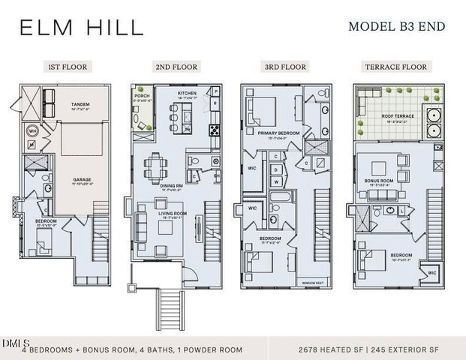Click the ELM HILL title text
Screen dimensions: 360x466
point(81,28)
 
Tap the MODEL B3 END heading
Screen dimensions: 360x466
point(396,27)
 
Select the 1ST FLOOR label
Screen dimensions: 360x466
point(68,67)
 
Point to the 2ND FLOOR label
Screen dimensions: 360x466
point(176,67)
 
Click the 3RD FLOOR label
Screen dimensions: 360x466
point(286,67)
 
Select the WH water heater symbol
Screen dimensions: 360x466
point(33,130)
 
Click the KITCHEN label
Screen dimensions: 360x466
point(187,94)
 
